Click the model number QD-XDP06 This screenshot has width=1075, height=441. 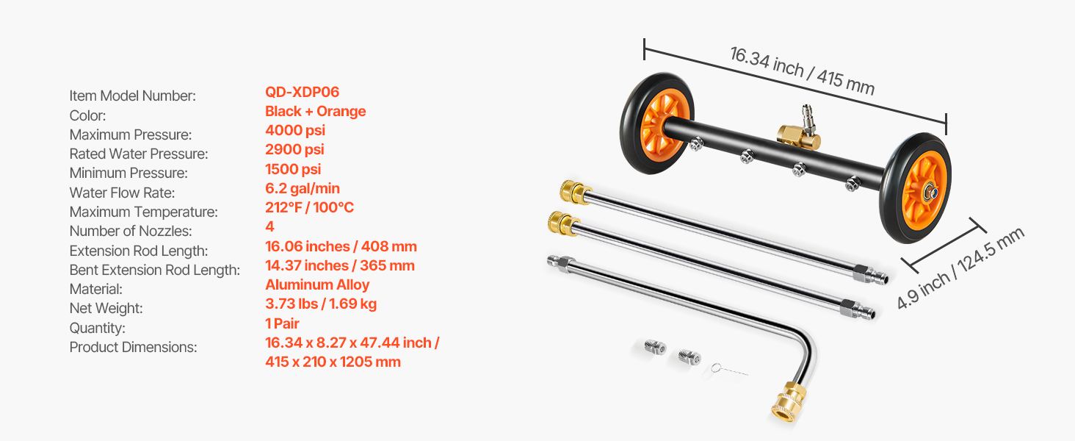click(x=302, y=92)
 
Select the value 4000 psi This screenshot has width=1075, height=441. click(x=295, y=130)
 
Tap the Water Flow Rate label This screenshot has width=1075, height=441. click(x=122, y=193)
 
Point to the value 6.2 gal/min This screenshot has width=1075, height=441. click(x=303, y=188)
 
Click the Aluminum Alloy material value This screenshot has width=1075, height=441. click(x=317, y=285)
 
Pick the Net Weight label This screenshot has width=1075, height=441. click(x=106, y=308)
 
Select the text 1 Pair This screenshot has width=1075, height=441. click(x=282, y=323)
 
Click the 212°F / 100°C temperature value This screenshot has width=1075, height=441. click(x=310, y=207)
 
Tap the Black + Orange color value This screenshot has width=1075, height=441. click(x=315, y=111)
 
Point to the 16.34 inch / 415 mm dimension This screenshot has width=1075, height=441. click(x=802, y=71)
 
